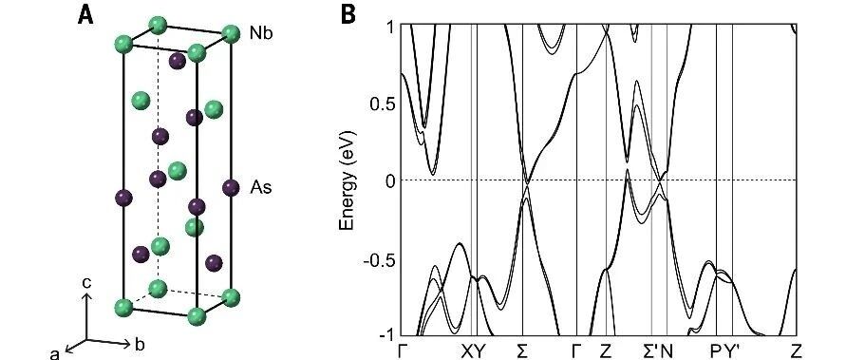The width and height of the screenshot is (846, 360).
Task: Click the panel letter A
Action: (x=85, y=14)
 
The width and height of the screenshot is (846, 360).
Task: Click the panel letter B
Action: (x=348, y=14)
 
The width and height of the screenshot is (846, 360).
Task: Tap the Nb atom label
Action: (x=261, y=34)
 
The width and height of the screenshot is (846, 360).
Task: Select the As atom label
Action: (x=261, y=188)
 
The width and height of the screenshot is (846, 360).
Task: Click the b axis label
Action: (x=140, y=345)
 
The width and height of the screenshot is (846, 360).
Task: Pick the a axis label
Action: (x=54, y=353)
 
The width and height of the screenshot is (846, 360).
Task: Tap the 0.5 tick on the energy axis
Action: (x=383, y=104)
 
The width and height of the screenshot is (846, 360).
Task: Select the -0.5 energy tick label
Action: (x=380, y=258)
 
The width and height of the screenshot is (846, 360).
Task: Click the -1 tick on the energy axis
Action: (x=386, y=334)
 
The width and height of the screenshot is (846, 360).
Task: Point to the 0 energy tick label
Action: (x=390, y=180)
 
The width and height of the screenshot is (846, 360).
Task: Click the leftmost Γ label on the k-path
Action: (x=402, y=351)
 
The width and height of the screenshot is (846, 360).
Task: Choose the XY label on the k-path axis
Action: (x=473, y=351)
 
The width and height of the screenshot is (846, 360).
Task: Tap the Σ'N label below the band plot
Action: (x=659, y=351)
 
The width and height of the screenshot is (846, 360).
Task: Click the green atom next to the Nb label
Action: (x=231, y=34)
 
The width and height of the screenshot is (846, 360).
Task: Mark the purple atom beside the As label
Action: (x=231, y=188)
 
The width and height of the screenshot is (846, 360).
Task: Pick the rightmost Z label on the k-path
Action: (x=797, y=351)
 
